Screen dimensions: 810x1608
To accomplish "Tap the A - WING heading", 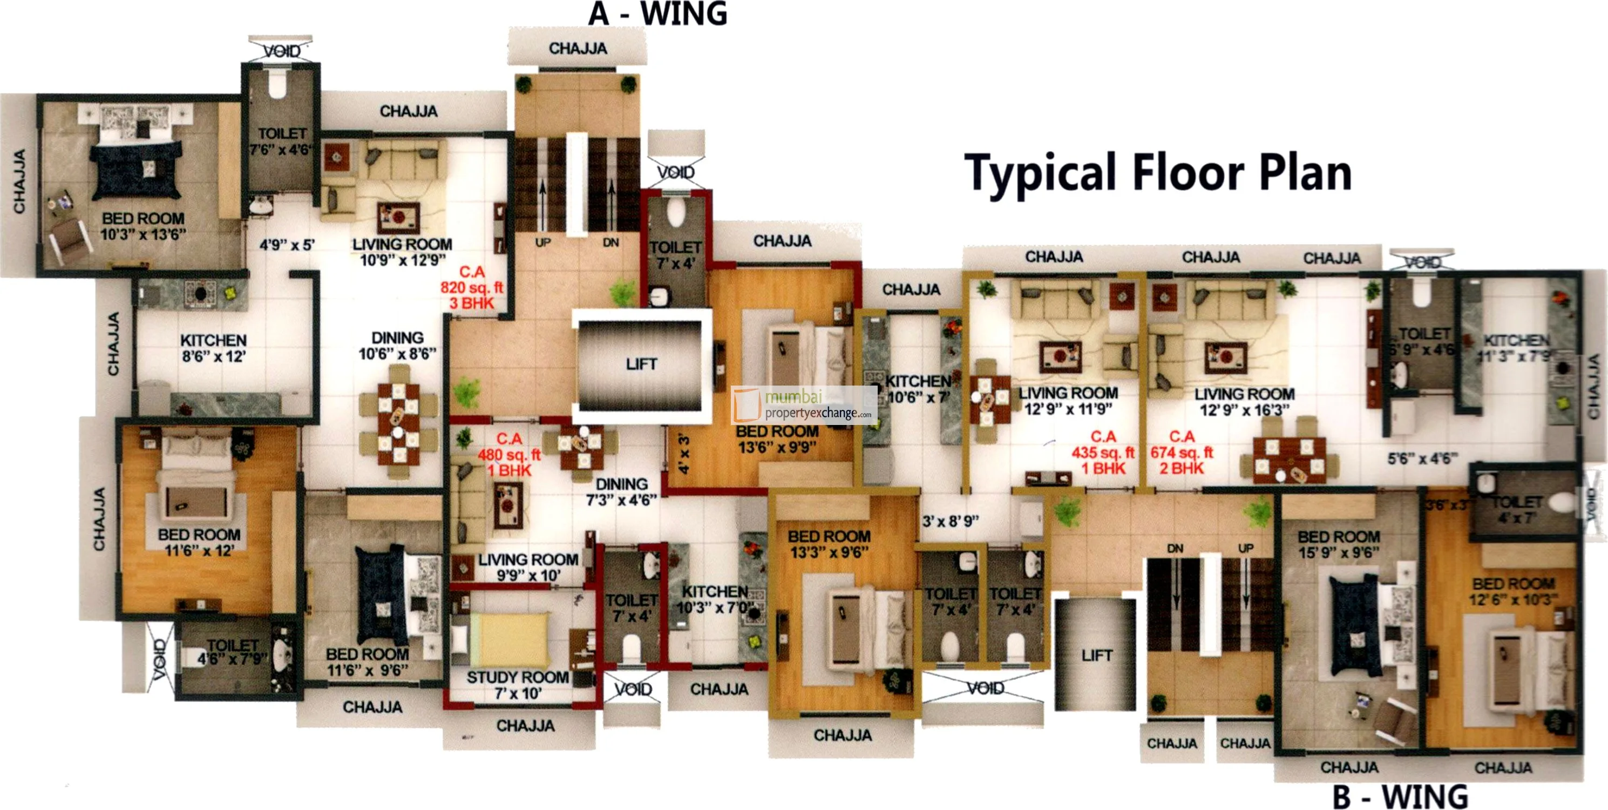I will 657,13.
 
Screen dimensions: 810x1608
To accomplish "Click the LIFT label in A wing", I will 642,364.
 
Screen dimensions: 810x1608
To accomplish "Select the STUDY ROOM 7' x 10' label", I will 518,685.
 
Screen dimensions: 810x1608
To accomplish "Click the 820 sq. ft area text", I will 471,287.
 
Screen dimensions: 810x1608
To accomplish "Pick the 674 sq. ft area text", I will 1182,452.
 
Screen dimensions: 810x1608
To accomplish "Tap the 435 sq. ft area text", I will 1103,452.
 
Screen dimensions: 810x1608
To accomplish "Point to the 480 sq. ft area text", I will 509,455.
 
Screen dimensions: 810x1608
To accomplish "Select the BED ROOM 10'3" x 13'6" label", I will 143,226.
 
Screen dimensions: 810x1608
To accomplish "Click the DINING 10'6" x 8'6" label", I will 397,346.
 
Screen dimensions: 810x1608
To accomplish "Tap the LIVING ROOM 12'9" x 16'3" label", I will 1244,402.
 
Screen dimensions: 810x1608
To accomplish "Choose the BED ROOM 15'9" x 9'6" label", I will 1338,544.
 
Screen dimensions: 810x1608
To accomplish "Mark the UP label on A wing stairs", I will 542,242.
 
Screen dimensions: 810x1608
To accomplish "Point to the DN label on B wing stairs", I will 1175,548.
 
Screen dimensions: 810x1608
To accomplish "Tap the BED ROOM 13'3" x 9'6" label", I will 829,544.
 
